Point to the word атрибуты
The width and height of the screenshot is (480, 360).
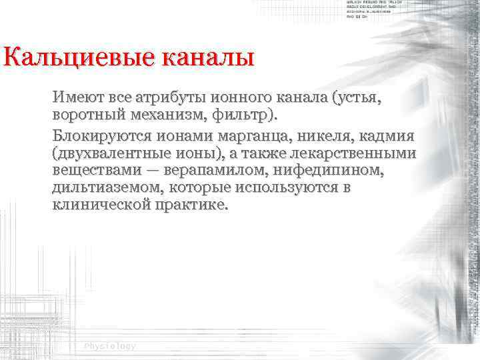[165, 99]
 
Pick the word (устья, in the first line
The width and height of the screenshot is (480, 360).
[357, 99]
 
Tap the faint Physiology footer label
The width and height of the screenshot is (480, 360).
[110, 346]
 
